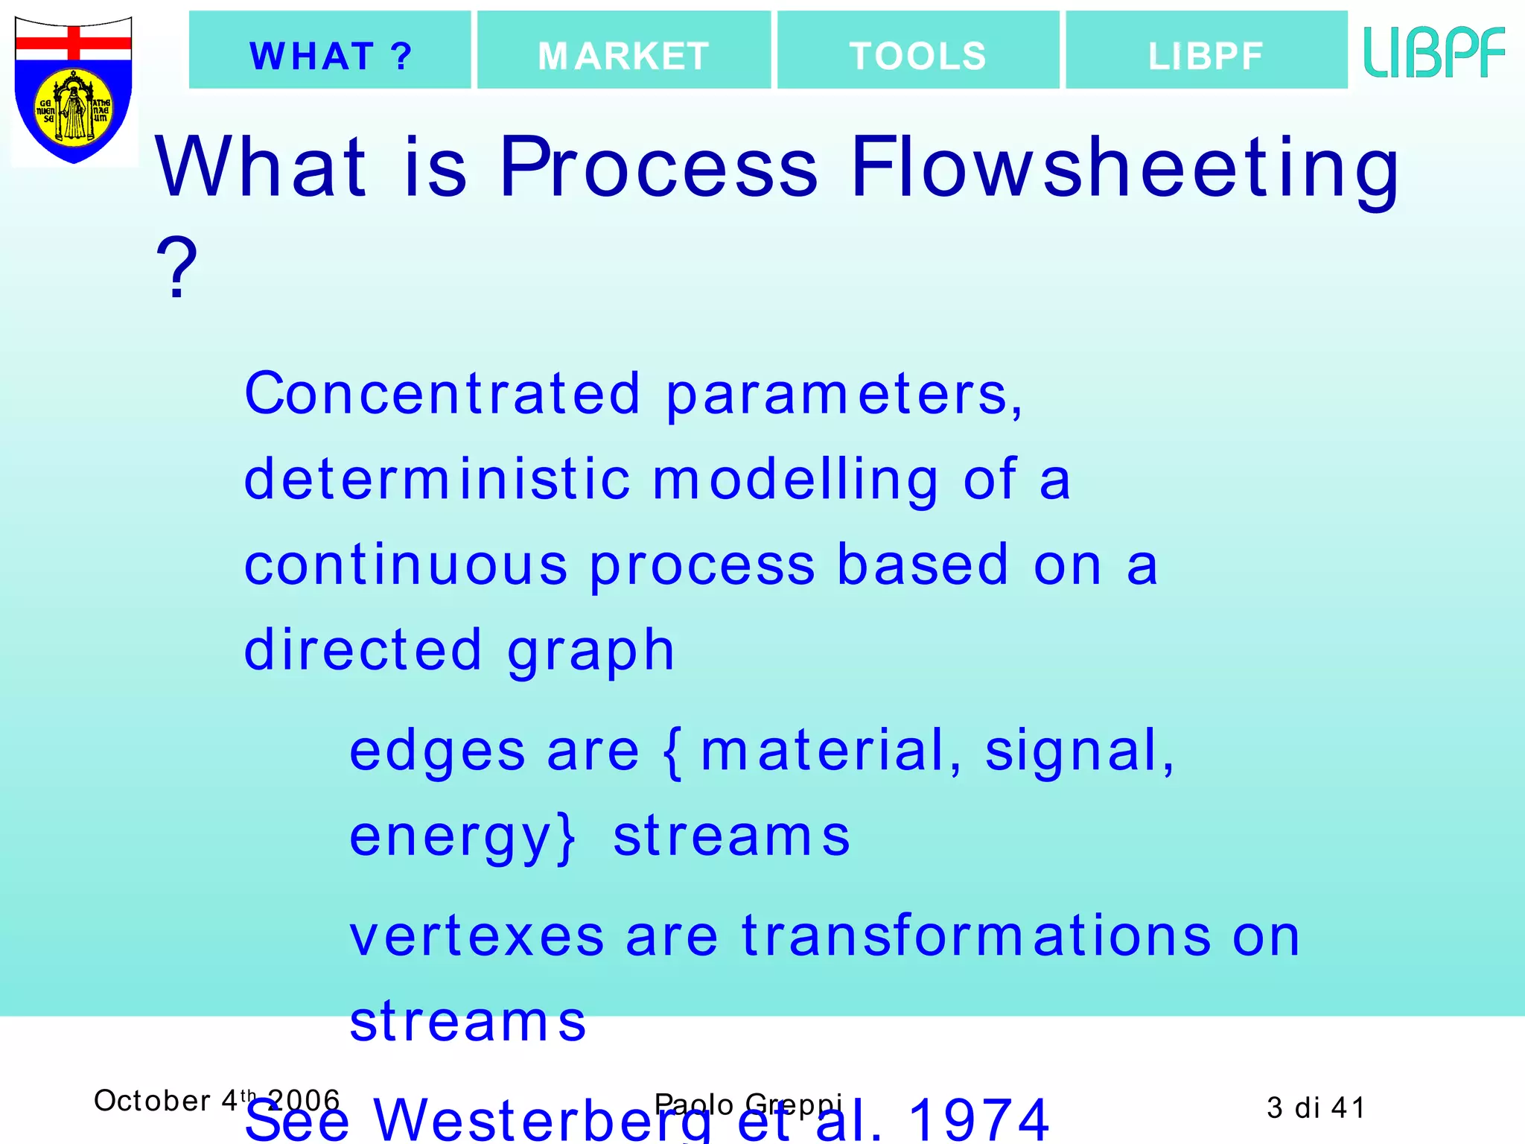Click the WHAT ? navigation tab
pyautogui.click(x=330, y=51)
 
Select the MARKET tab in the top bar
pyautogui.click(x=623, y=51)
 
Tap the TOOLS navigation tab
pyautogui.click(x=917, y=51)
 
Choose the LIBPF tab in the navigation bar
pyautogui.click(x=1206, y=51)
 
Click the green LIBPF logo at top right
pyautogui.click(x=1433, y=52)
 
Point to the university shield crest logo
pyautogui.click(x=73, y=89)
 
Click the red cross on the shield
pyautogui.click(x=73, y=42)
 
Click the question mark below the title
pyautogui.click(x=176, y=268)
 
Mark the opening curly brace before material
pyautogui.click(x=672, y=752)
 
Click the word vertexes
pyautogui.click(x=477, y=935)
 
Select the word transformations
pyautogui.click(x=976, y=935)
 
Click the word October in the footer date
pyautogui.click(x=152, y=1101)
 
